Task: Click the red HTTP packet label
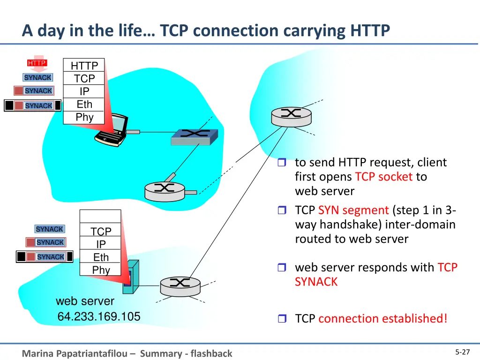[x=37, y=63]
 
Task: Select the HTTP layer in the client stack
[x=84, y=65]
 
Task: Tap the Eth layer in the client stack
[x=84, y=105]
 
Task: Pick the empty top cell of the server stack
[x=100, y=216]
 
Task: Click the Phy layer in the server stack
[x=100, y=270]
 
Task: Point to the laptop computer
[x=112, y=130]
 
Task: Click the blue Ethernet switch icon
[x=195, y=137]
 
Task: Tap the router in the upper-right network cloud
[x=292, y=117]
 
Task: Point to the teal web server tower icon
[x=131, y=277]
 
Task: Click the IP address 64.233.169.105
[x=99, y=316]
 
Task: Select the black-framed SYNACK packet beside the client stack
[x=32, y=105]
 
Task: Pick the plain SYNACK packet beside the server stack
[x=49, y=229]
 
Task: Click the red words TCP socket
[x=384, y=177]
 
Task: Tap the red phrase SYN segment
[x=353, y=210]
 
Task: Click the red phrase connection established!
[x=383, y=318]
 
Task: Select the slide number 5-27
[x=462, y=352]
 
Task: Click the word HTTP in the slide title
[x=370, y=30]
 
